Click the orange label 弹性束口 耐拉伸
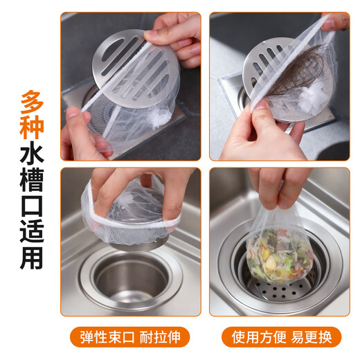(131, 337)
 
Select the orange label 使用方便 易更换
(280, 337)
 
